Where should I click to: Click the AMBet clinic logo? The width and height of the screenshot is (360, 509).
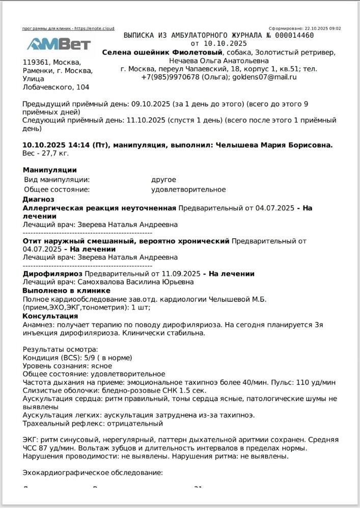[59, 44]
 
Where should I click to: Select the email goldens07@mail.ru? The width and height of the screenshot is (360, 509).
[265, 77]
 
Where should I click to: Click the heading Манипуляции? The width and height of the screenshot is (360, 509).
[50, 170]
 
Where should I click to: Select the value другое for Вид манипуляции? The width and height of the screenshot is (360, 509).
[163, 180]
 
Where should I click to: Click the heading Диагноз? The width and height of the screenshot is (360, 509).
[38, 200]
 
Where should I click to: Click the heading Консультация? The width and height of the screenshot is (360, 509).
[50, 316]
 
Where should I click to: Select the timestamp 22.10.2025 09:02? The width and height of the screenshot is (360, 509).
[323, 29]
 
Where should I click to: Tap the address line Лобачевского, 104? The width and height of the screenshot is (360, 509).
[56, 88]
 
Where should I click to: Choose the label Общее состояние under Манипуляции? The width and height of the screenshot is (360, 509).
[57, 190]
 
